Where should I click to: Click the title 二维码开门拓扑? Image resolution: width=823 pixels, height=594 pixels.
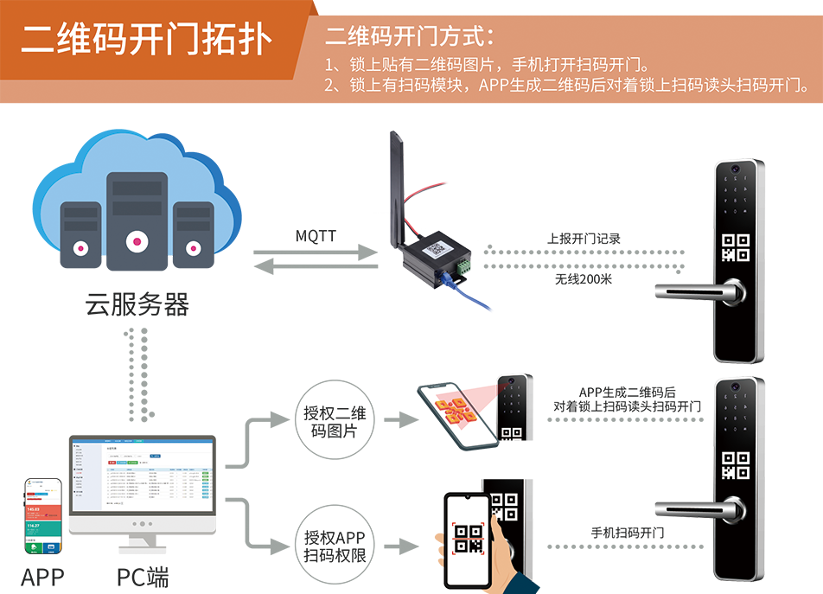[146, 37]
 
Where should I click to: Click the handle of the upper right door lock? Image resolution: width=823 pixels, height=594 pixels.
[692, 291]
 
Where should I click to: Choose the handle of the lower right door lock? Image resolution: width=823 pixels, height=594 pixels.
[692, 508]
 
